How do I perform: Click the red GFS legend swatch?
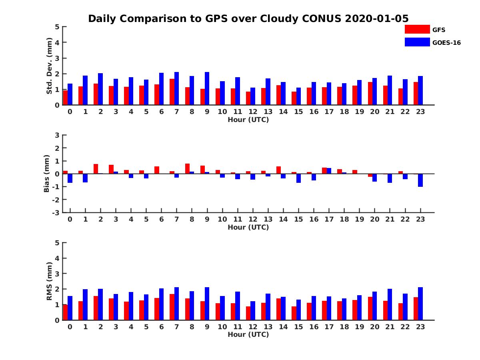[417, 29]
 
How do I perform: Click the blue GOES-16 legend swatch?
[417, 42]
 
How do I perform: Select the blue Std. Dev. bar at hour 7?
[176, 88]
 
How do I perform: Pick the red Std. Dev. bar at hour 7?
[172, 92]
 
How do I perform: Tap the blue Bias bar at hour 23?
[420, 180]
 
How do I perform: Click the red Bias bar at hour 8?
[187, 168]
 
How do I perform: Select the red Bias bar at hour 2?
[96, 169]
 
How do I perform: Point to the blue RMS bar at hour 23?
[420, 304]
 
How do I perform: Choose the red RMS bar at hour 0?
[65, 312]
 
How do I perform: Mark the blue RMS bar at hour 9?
[207, 304]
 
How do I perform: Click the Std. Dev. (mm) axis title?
[50, 66]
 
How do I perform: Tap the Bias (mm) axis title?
[47, 174]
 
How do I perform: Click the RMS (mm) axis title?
[50, 281]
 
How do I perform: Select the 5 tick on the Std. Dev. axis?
[58, 27]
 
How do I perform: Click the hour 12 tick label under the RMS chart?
[252, 326]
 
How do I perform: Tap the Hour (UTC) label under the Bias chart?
[248, 227]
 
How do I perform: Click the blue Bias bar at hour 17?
[329, 171]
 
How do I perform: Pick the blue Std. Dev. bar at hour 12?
[252, 96]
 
